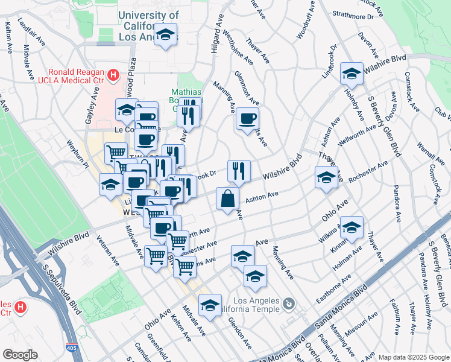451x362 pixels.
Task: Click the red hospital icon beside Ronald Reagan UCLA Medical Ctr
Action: (x=113, y=75)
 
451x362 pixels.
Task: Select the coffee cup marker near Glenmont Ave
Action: (x=247, y=119)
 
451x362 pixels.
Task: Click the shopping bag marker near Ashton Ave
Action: (x=227, y=198)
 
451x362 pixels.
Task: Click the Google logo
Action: (x=20, y=355)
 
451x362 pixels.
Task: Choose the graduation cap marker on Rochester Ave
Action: (x=326, y=178)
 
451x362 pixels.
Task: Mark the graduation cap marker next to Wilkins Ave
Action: (x=352, y=227)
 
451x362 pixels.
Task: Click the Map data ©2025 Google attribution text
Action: (x=413, y=357)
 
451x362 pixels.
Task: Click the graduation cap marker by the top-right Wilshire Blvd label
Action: (x=352, y=74)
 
